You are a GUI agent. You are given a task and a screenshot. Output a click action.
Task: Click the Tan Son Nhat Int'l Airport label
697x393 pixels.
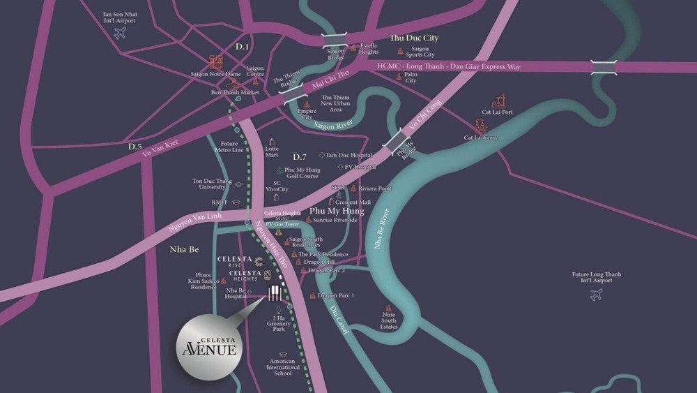point(118,17)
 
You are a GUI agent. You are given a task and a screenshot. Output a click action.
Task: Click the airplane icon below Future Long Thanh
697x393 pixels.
point(596,295)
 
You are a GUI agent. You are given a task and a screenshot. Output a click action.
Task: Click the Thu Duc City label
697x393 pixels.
point(414,38)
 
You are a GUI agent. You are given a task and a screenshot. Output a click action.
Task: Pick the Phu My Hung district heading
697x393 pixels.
point(337,210)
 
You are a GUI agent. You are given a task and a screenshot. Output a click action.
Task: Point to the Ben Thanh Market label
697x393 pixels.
point(235,92)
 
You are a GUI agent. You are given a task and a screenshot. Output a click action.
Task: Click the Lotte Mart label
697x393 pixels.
point(272,151)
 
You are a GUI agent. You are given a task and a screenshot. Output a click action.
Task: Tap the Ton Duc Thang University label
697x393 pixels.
point(212,184)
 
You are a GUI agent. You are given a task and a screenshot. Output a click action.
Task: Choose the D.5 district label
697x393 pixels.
point(135,147)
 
